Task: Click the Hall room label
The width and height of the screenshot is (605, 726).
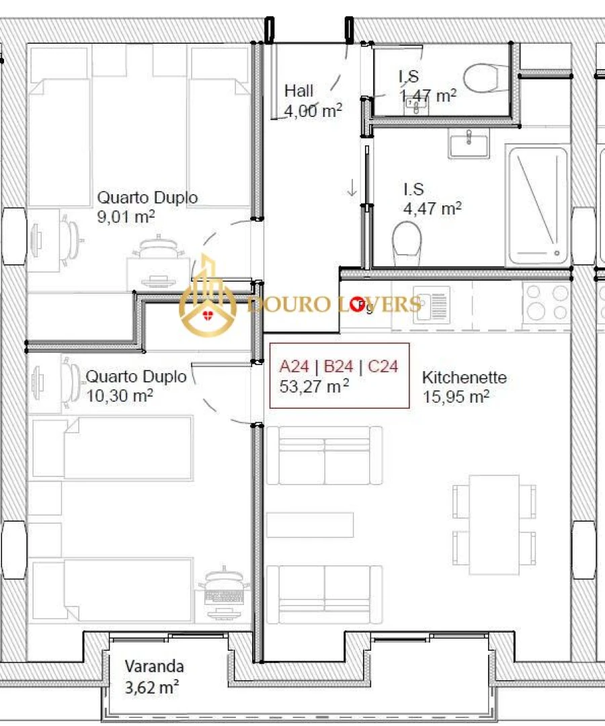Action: (298, 91)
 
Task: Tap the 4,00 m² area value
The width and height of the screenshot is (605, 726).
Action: (313, 111)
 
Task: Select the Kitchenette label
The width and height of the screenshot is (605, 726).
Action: (464, 378)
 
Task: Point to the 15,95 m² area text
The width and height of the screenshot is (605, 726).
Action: (455, 397)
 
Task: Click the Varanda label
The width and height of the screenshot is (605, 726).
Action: (154, 667)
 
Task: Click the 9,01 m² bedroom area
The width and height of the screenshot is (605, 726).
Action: (126, 217)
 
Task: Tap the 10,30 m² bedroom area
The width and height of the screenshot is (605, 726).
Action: (120, 396)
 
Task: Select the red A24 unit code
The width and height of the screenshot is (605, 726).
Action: (294, 366)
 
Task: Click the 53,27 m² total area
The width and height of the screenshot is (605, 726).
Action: (313, 386)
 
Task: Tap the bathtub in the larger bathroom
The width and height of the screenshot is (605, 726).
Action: (538, 205)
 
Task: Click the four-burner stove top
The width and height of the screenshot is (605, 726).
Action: (546, 302)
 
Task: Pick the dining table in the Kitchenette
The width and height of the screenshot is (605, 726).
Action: (493, 524)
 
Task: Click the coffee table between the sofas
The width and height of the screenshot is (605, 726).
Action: (309, 525)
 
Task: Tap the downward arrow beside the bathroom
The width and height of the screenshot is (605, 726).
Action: (352, 188)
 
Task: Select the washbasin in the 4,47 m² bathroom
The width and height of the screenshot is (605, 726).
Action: (469, 143)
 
